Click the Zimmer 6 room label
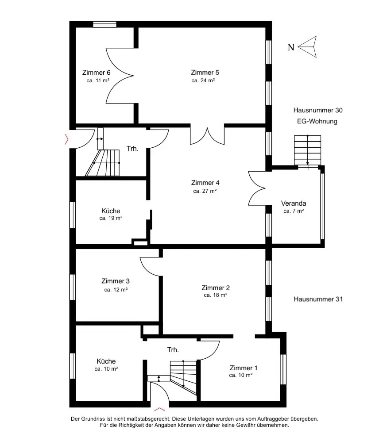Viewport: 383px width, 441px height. [x=97, y=73]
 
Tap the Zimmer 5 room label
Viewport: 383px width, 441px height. [x=205, y=73]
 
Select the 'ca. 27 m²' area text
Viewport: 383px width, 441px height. [x=205, y=191]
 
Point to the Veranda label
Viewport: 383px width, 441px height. [x=294, y=203]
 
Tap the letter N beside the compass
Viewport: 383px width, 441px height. [x=291, y=47]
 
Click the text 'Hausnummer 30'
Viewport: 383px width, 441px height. [x=318, y=110]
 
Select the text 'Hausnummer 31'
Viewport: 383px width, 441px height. [x=318, y=299]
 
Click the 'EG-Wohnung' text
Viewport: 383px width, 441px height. [x=317, y=122]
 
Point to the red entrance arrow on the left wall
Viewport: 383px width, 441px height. [x=67, y=139]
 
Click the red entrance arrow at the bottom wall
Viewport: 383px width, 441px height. [x=160, y=409]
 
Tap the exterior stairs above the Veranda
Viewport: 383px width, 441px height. [x=308, y=150]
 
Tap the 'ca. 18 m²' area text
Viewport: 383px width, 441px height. [x=216, y=295]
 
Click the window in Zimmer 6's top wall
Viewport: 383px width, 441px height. [x=105, y=24]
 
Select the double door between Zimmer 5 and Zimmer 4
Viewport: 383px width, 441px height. [x=207, y=136]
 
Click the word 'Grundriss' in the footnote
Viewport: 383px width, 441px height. [x=94, y=419]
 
